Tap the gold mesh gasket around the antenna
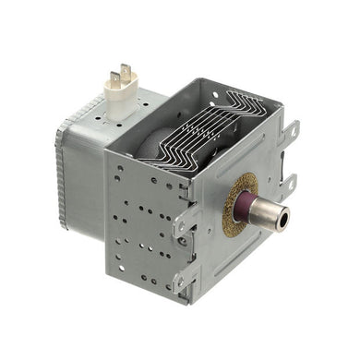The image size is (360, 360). click(236, 205)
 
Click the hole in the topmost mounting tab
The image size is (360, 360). click(293, 130)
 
